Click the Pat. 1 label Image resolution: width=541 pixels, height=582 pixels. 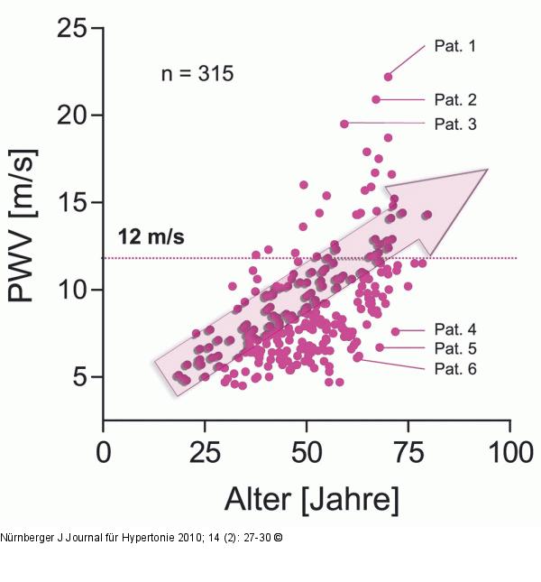tap(454, 46)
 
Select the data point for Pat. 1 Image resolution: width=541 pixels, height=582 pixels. tap(388, 78)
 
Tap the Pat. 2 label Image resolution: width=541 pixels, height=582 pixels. tap(455, 100)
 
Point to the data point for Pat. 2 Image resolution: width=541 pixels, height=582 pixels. tap(376, 99)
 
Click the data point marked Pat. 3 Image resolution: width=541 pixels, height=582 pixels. tap(344, 124)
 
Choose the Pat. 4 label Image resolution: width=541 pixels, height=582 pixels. tap(455, 329)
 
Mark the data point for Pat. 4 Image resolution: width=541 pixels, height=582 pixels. tap(396, 331)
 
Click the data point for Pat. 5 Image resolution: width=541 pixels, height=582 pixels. tap(380, 347)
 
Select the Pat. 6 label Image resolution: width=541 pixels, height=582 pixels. tap(455, 369)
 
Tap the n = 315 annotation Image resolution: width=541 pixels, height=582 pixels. tap(197, 73)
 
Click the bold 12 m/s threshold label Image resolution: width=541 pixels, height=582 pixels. tap(151, 236)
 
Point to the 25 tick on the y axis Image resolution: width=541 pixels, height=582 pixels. tap(72, 28)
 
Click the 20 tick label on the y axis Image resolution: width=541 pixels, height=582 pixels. tap(72, 115)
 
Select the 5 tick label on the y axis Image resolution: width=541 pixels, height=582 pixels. tap(80, 377)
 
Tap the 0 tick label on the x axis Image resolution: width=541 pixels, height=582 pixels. tap(104, 452)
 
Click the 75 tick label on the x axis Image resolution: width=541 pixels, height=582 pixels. tap(408, 452)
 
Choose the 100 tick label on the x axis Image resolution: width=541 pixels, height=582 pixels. tap(511, 452)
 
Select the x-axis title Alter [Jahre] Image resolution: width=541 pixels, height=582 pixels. tap(311, 500)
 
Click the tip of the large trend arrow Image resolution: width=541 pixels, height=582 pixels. tap(488, 170)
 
